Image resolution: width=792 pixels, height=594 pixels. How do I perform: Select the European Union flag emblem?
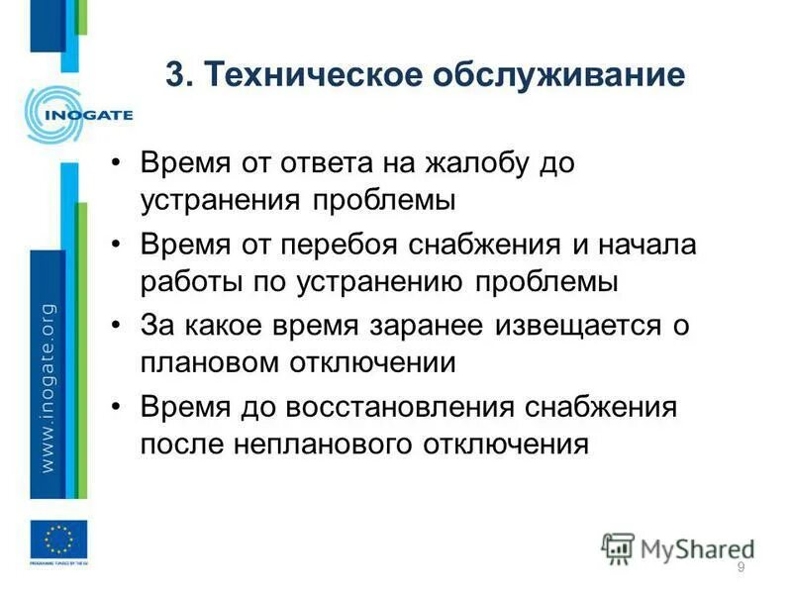coord(58,541)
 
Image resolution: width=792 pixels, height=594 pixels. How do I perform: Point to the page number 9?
coord(741,566)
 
